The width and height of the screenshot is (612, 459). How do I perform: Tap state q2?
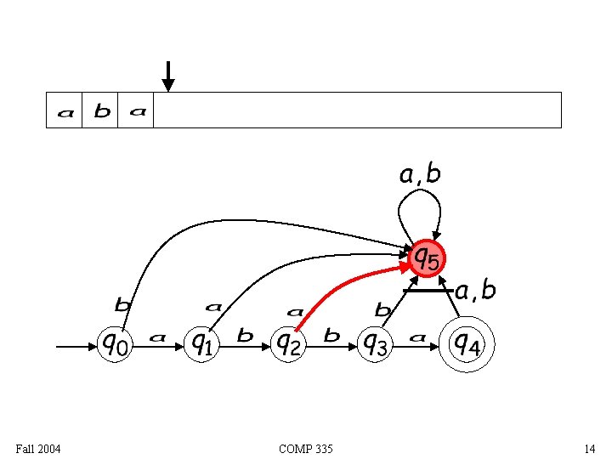click(x=288, y=344)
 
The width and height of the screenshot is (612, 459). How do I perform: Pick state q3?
click(x=375, y=344)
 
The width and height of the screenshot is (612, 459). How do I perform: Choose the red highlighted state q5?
click(x=427, y=257)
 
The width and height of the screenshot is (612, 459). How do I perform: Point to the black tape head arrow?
click(x=168, y=76)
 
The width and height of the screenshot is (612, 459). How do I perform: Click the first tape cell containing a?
click(x=65, y=110)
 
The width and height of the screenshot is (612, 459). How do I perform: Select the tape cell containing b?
click(x=101, y=110)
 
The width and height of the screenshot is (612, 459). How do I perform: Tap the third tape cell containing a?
click(x=137, y=110)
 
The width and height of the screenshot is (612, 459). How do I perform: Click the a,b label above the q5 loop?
click(x=420, y=174)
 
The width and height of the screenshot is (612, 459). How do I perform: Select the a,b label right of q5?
click(x=475, y=291)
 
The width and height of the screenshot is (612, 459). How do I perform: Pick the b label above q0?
click(x=123, y=303)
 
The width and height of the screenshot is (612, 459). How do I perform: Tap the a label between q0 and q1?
click(x=157, y=337)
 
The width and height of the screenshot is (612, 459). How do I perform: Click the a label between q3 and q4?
click(x=417, y=337)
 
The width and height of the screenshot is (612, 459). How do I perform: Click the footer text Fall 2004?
click(x=38, y=448)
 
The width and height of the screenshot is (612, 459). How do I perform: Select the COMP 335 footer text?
click(x=306, y=448)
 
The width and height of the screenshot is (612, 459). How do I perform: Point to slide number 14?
click(x=589, y=448)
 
